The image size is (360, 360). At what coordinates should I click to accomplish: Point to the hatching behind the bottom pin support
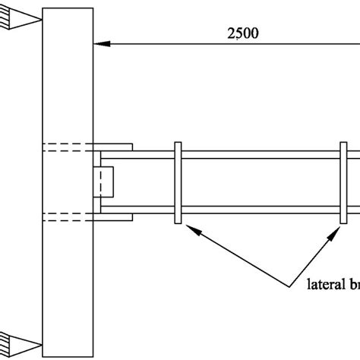pyautogui.click(x=5, y=338)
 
